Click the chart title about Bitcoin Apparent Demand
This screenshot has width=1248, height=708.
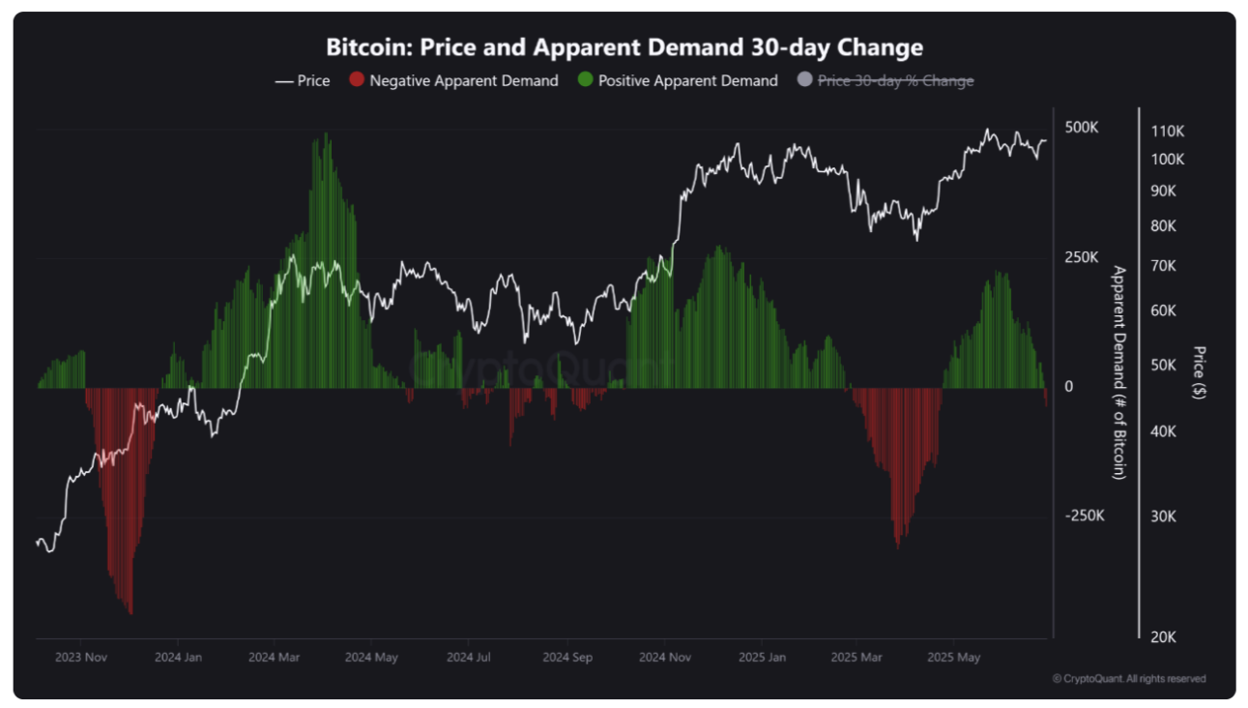pos(624,47)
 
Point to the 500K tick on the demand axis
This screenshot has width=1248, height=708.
pos(1082,128)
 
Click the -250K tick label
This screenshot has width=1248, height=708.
pos(1084,516)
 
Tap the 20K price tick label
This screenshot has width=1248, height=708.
pos(1163,637)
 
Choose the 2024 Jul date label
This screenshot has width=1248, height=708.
pos(469,658)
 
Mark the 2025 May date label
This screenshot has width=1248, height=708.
pos(953,658)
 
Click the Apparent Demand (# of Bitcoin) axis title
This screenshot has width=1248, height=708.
pos(1119,372)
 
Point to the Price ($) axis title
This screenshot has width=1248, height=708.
pos(1200,372)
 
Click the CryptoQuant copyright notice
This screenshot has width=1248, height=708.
pos(1128,679)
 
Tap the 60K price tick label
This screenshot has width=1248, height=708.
pos(1163,310)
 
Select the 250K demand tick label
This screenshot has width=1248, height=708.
pos(1082,257)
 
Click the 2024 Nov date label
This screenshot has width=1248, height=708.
pos(665,658)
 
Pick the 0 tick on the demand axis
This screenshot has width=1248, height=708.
pos(1069,387)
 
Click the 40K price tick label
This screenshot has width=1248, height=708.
pos(1163,431)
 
